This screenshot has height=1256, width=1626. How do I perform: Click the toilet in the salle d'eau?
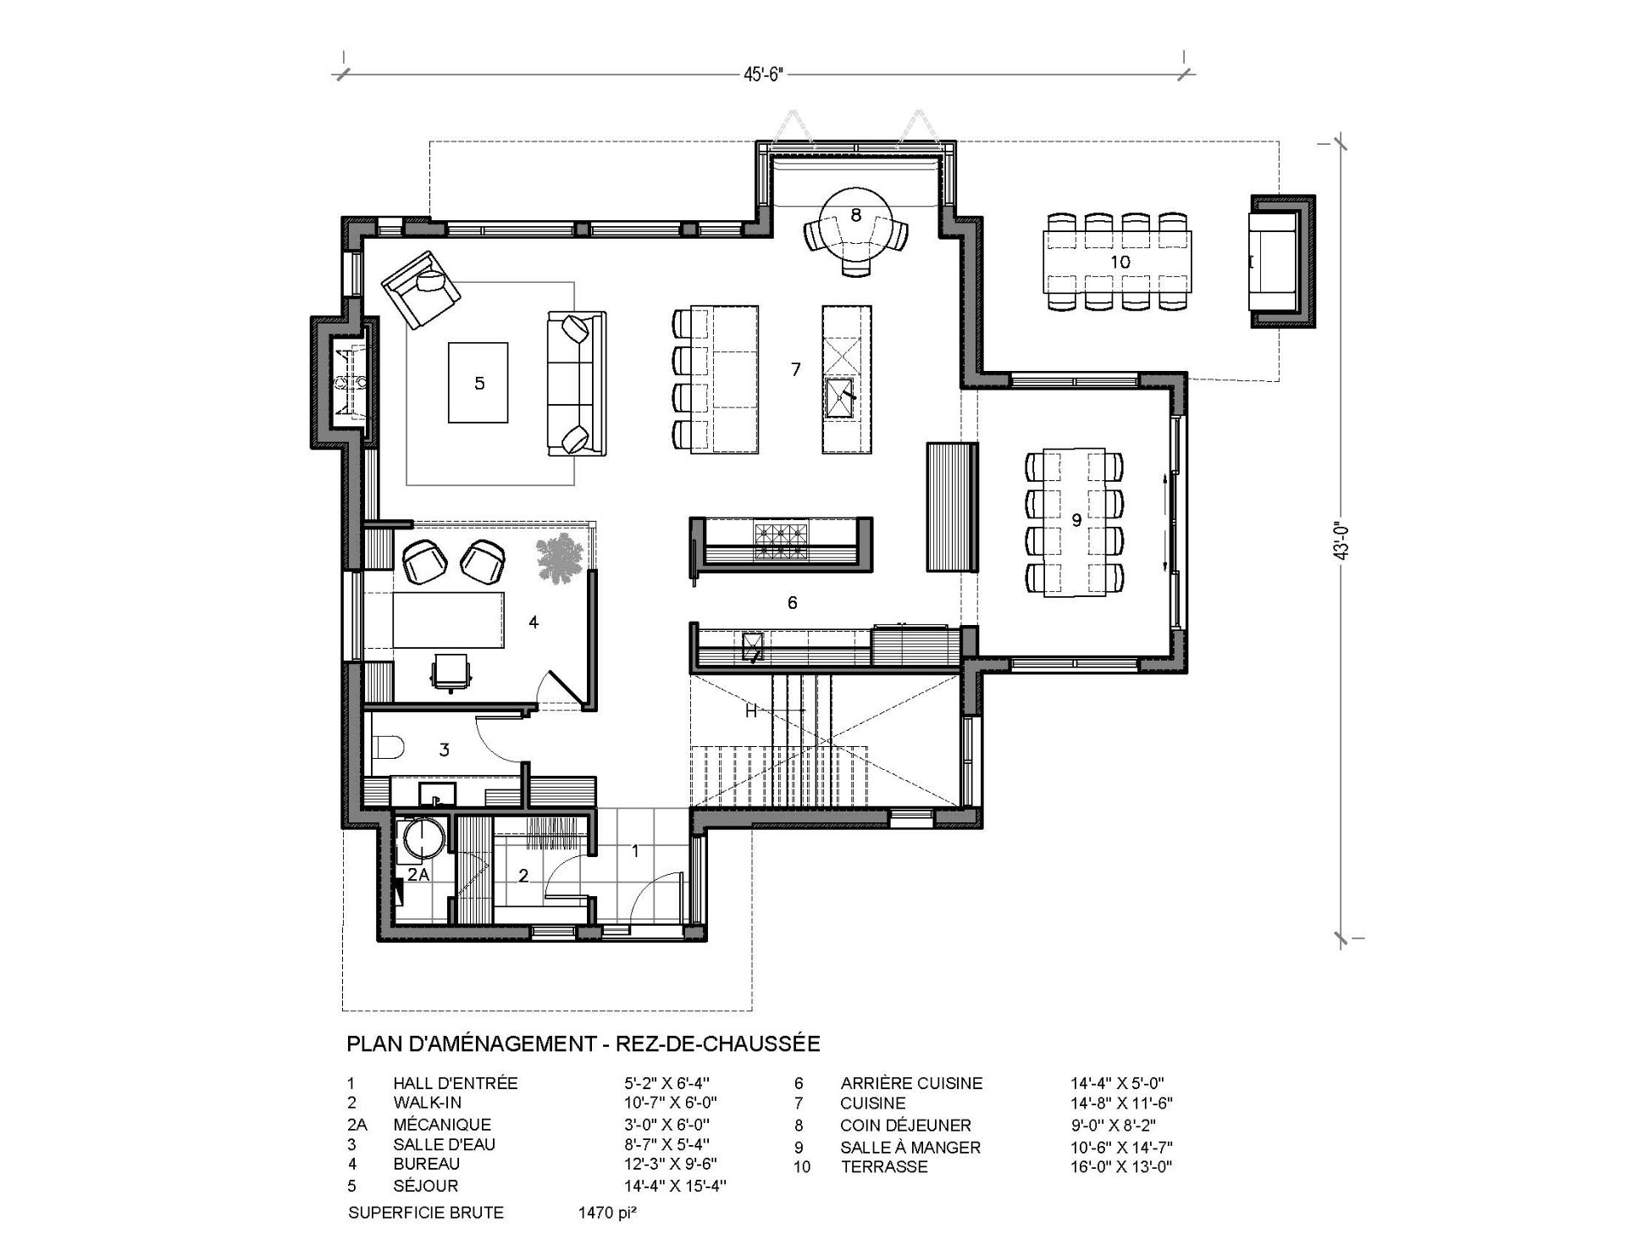(x=389, y=748)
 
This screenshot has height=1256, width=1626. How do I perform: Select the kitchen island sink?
(x=841, y=399)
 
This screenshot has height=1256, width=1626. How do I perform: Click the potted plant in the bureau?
(x=560, y=558)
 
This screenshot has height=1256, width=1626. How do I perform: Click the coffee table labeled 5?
(x=478, y=382)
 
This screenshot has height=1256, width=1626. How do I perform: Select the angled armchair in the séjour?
(x=420, y=290)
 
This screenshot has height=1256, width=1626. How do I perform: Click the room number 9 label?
(x=1076, y=520)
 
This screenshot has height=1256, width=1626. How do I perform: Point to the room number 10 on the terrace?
(x=1120, y=263)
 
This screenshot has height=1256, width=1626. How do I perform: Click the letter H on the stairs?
(x=750, y=711)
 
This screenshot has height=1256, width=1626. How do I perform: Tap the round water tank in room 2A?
(x=423, y=838)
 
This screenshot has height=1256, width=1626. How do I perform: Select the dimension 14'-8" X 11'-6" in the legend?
(x=1121, y=1104)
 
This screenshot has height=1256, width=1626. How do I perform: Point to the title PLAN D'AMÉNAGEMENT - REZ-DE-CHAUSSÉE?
(x=583, y=1043)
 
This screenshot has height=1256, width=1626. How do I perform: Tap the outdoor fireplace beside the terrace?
(x=1282, y=262)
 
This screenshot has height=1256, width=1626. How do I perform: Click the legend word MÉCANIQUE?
(x=442, y=1125)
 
